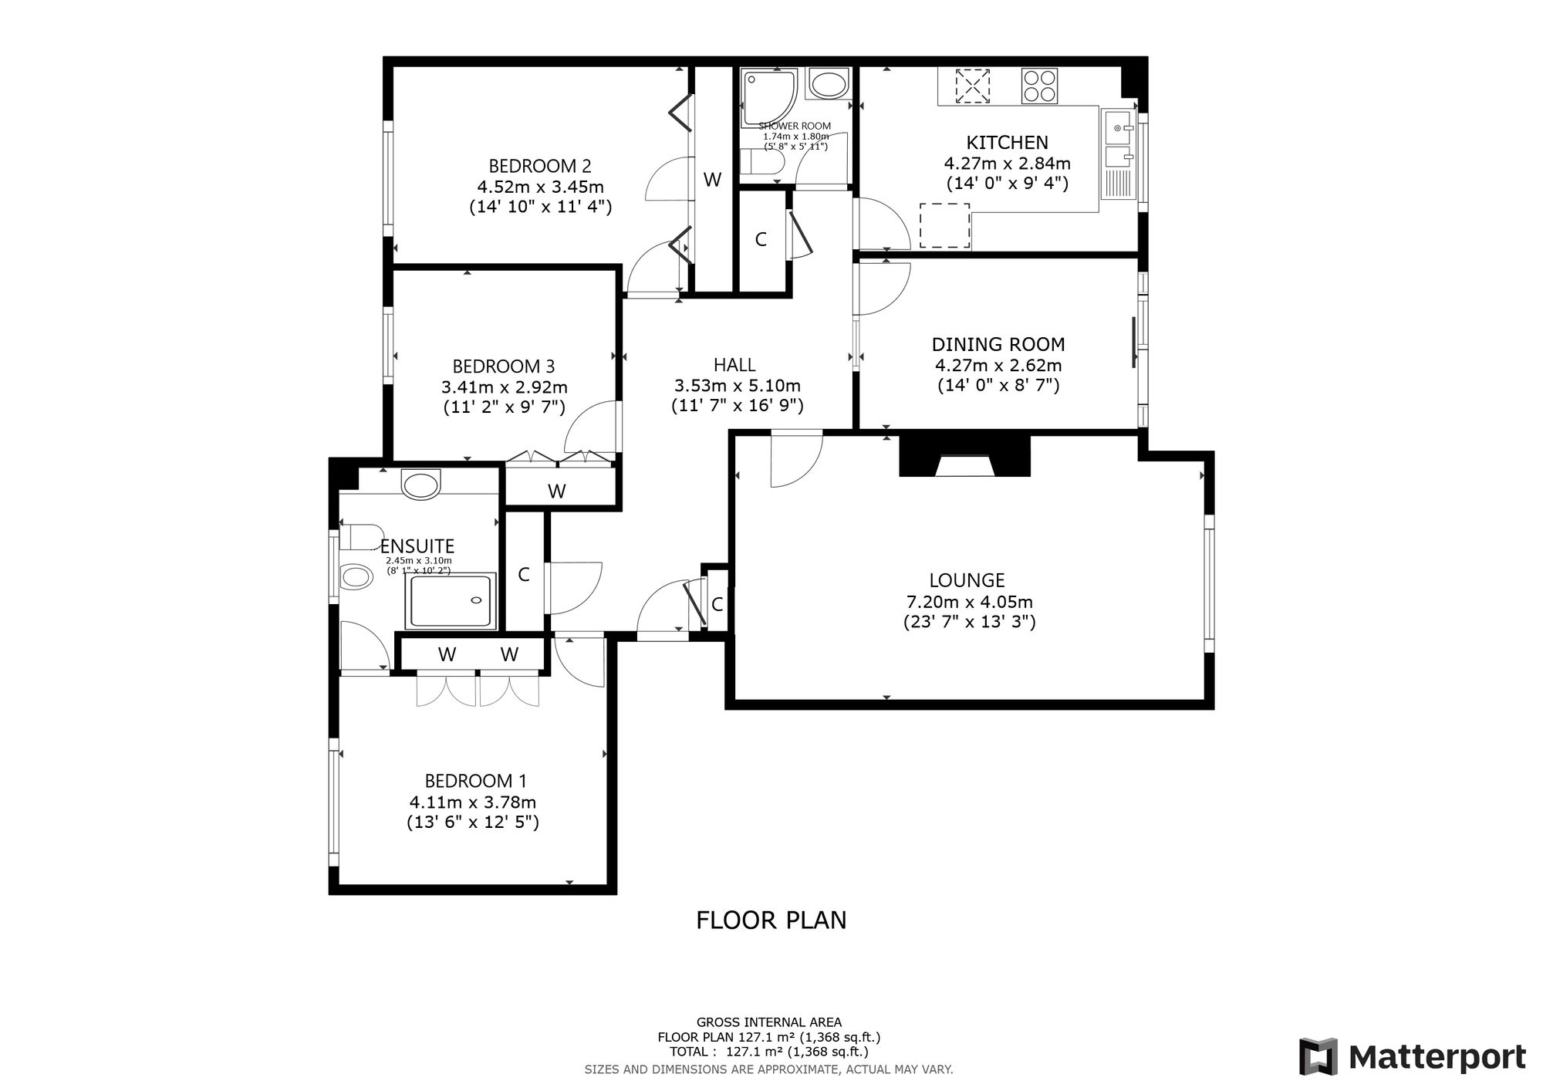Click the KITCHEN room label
1007,143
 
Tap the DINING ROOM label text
998,345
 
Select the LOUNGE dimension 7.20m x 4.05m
969,602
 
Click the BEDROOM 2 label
540,166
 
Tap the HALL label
734,365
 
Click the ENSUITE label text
417,547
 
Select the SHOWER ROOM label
795,126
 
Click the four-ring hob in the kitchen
1039,86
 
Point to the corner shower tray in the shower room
768,97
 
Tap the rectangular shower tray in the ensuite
452,601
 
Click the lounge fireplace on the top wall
964,456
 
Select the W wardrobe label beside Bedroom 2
712,180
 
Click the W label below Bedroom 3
557,491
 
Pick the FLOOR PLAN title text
771,920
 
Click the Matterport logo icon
1318,1056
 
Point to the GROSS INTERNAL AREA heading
769,1022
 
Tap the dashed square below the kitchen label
945,225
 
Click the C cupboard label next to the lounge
717,605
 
